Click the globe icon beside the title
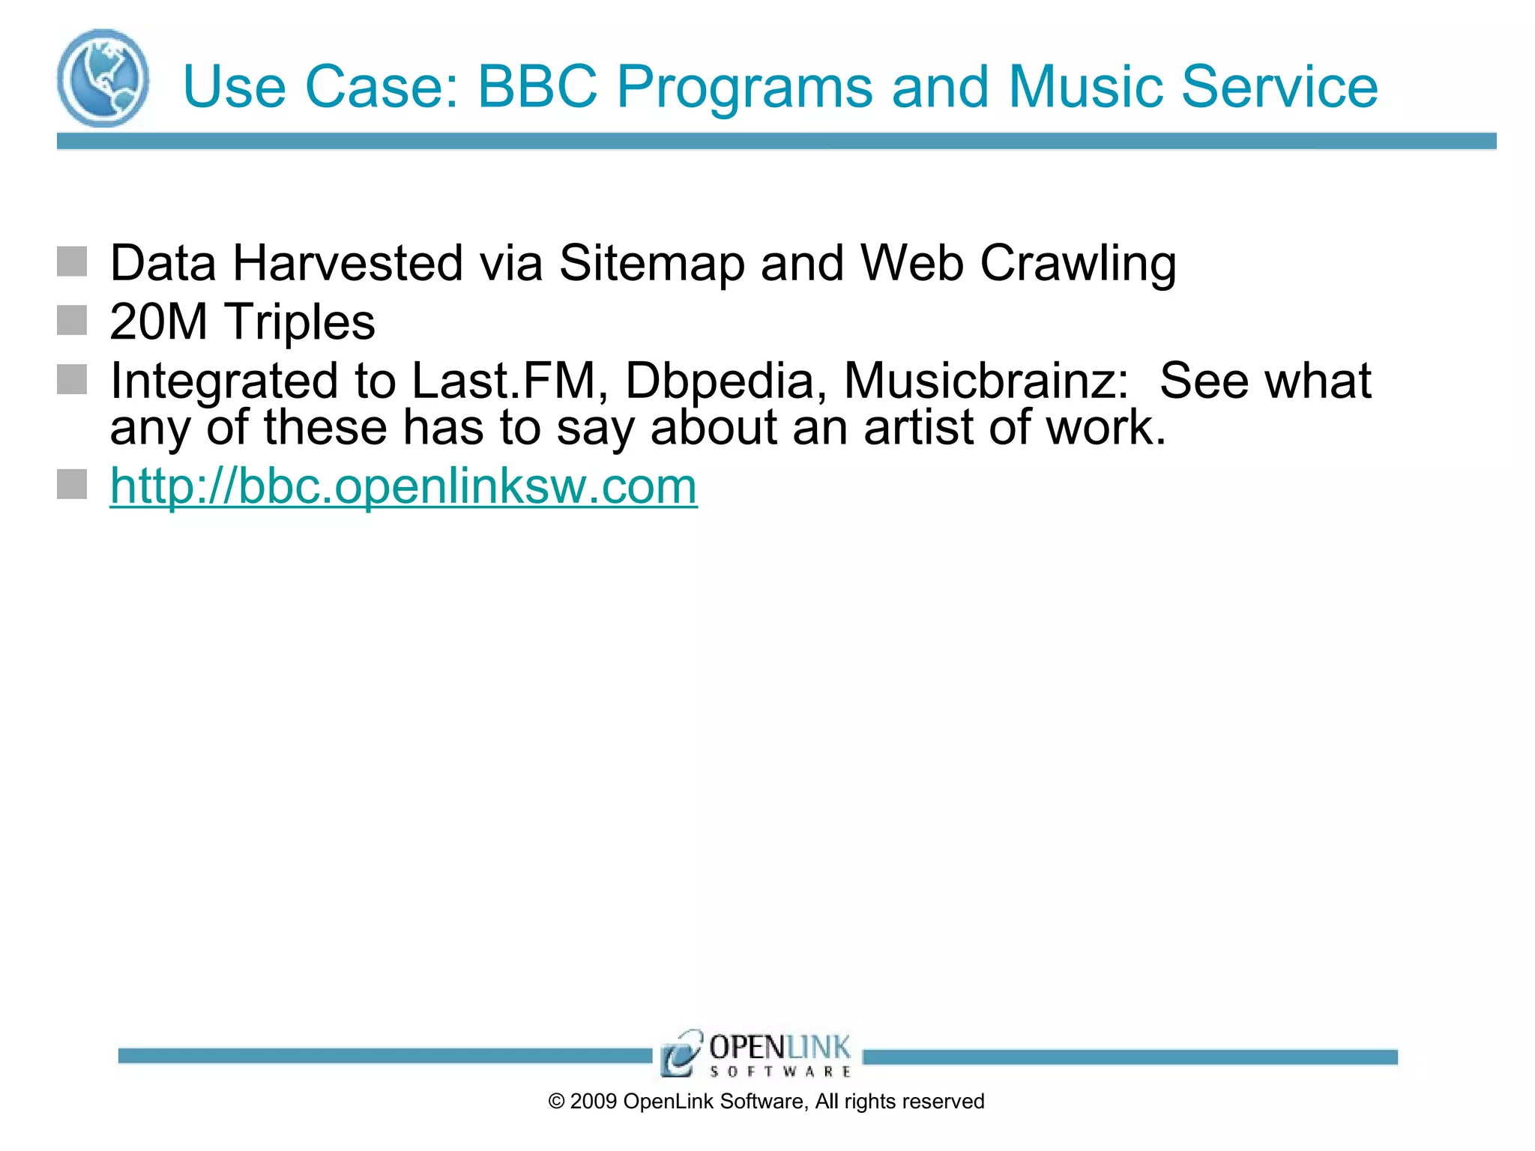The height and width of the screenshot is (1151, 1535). point(103,79)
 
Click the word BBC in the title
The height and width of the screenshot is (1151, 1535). point(537,87)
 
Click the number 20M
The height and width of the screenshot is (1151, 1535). point(158,322)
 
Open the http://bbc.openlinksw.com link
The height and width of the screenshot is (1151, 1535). point(403,486)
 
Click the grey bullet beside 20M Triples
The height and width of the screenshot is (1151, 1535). point(72,320)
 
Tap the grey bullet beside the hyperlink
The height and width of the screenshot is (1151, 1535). point(72,484)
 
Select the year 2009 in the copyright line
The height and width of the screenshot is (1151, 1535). point(593,1102)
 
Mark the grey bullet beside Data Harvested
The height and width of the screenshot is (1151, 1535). point(72,262)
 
